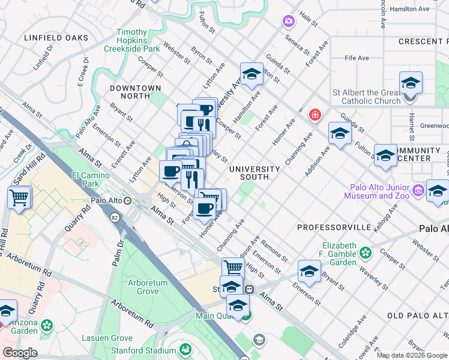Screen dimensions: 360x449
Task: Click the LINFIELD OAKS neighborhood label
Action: pos(56,38)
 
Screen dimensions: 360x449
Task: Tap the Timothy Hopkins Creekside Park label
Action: pos(138,40)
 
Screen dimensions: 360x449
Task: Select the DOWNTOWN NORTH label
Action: pos(136,92)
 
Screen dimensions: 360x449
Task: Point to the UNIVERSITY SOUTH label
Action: pos(255,173)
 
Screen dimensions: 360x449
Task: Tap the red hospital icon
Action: pos(314,115)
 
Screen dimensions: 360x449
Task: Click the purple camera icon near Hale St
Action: pos(289,22)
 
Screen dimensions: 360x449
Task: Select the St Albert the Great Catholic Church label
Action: pos(366,97)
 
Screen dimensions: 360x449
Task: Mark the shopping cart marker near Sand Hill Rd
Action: pos(19,197)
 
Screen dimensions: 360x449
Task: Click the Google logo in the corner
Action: pos(20,353)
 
